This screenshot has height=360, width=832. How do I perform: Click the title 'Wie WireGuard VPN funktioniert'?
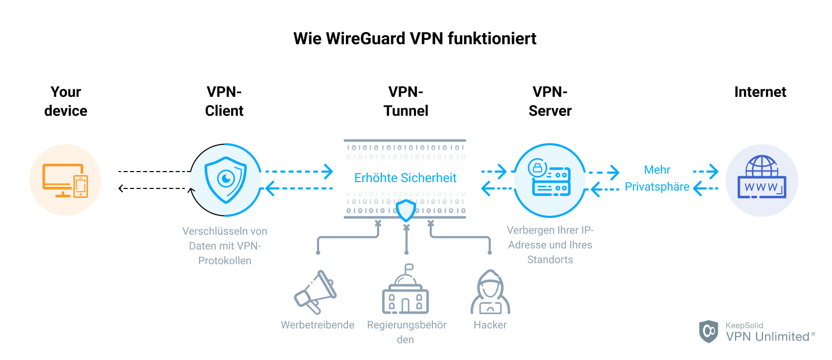coord(415,38)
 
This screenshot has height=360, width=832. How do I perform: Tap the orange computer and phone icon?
coord(65,180)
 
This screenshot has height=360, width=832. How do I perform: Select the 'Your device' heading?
coord(66,101)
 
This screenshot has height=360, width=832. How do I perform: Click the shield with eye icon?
coord(225,180)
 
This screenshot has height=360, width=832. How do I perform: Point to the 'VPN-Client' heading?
coord(224,101)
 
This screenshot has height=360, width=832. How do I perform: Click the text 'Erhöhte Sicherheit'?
coord(405,178)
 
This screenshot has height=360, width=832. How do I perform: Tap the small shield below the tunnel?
coord(405,211)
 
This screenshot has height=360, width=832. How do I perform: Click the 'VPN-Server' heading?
coord(550,101)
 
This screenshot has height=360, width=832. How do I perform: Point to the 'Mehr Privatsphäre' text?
coord(657,178)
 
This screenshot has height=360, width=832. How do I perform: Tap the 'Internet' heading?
coord(760,92)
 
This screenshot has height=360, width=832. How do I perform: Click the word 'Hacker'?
coord(490,325)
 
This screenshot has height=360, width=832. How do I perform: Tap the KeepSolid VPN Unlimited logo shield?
coord(708,331)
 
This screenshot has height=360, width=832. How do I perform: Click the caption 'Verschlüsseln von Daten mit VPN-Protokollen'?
coord(225,246)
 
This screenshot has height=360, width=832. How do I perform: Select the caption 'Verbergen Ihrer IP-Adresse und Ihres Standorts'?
coord(550,245)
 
